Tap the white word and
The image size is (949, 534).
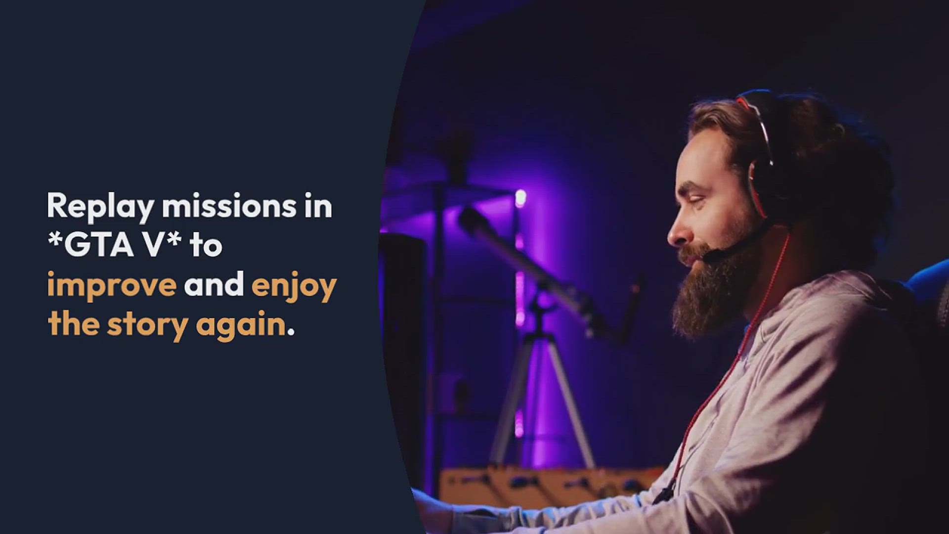(x=214, y=284)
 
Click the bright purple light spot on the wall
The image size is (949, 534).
(x=520, y=198)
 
